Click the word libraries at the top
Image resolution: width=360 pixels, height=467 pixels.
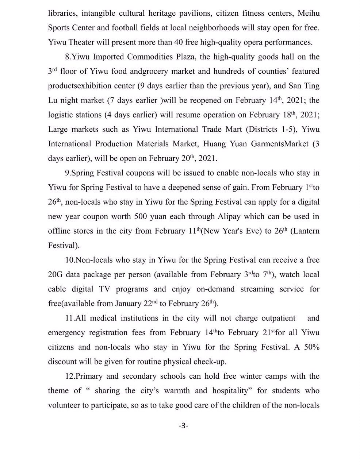[x=62, y=13]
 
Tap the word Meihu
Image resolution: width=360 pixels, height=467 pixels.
[x=309, y=13]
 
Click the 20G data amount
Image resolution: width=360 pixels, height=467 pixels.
[x=55, y=274]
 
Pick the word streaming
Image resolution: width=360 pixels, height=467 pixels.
[x=257, y=289]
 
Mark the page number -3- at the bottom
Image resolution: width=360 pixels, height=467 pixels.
[x=183, y=426]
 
